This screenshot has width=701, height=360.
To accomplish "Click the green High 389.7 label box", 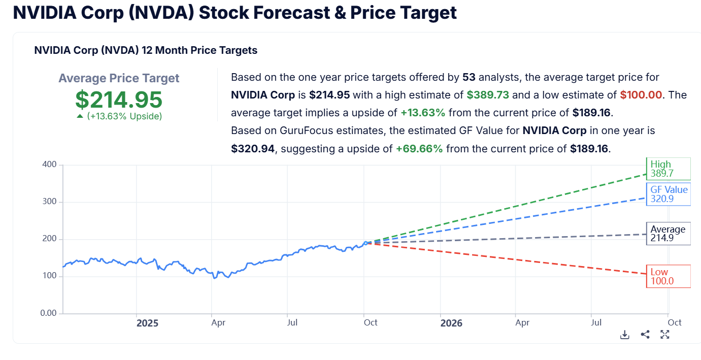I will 668,169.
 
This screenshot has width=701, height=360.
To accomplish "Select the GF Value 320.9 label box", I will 668,194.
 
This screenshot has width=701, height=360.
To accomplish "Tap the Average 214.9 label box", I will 668,234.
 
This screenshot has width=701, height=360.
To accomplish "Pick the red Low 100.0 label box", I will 668,276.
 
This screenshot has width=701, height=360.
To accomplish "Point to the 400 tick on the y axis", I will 50,165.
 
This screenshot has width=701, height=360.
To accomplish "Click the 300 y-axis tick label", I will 50,202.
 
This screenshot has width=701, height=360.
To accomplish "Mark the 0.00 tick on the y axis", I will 48,313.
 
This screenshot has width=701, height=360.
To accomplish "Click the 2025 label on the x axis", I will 147,323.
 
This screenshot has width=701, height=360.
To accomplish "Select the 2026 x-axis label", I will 451,323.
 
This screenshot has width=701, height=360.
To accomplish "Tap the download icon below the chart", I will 625,335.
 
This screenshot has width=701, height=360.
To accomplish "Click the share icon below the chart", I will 645,335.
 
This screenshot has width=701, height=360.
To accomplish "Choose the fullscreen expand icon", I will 665,335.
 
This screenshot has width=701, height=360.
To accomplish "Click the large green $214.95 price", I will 119,100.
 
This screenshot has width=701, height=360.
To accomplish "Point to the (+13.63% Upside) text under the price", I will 124,116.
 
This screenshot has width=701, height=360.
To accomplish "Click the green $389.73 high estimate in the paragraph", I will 488,95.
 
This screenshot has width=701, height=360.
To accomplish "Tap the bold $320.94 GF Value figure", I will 253,149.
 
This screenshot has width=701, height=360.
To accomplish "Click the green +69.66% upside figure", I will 419,149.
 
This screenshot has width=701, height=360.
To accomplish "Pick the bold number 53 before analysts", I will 469,77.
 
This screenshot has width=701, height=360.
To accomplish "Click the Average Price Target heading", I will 119,78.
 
